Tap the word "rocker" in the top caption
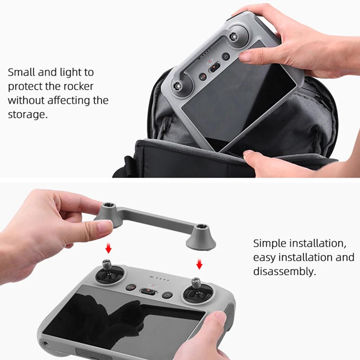pos(76,86)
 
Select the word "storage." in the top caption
pos(27,114)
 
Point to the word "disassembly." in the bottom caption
pos(284,272)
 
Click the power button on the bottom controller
pos(167,296)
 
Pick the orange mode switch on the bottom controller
pos(148,292)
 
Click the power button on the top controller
pos(226,57)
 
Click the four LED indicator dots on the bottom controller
pos(160,279)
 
